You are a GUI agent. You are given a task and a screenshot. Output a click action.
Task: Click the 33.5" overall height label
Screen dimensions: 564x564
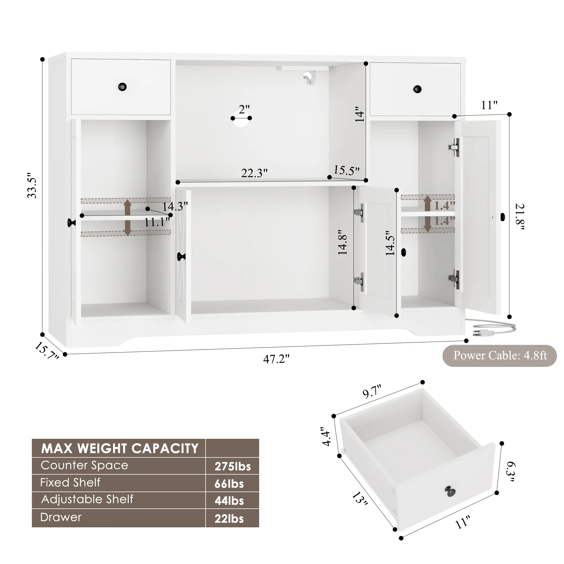coord(32,188)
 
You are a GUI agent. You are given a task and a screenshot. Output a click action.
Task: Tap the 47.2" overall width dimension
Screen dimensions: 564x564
coord(276,359)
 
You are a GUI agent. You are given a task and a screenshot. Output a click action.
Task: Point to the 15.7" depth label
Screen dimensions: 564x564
coord(47,351)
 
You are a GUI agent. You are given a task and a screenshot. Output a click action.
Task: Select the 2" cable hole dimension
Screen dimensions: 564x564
coord(244,109)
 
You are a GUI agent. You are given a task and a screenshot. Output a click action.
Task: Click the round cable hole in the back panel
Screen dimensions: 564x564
coord(241,122)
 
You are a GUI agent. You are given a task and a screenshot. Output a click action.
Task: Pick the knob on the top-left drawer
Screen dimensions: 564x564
coord(122,87)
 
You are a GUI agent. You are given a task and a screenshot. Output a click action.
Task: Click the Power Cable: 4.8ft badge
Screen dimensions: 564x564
coord(500,356)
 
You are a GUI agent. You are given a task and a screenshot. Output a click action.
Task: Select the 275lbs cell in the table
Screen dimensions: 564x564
coord(233,466)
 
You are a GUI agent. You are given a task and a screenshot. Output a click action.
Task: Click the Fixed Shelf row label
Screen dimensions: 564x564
coord(70,483)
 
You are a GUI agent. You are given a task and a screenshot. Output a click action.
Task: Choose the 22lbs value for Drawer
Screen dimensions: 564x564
coord(229,519)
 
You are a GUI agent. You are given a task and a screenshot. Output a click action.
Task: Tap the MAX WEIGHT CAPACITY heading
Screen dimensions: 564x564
coord(120,448)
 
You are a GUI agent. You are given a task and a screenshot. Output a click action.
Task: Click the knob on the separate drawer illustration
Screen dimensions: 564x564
coord(450,491)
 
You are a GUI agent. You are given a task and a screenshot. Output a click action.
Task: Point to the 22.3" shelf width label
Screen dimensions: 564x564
coord(254,173)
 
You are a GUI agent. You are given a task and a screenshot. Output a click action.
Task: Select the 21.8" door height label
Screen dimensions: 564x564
coord(520,216)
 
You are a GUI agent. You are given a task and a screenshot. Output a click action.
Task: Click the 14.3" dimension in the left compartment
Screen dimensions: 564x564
coord(175,207)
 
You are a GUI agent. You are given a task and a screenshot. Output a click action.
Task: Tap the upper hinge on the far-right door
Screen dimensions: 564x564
coord(454,147)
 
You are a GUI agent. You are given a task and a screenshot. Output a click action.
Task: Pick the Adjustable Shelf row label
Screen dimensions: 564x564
coord(87,499)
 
